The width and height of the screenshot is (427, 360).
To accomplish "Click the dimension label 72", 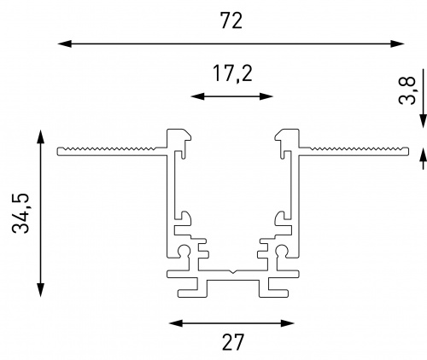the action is pos(231,20).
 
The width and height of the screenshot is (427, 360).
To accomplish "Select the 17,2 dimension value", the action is pos(232,74).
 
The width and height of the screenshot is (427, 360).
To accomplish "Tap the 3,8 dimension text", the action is pos(407,90).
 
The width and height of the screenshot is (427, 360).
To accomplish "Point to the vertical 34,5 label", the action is pos(21,213).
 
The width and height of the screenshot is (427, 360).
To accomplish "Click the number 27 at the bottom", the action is pos(233,342).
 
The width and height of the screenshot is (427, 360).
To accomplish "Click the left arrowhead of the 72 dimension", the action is pos(64,44).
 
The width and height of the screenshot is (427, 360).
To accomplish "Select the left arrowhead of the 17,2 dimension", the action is pos(197,96).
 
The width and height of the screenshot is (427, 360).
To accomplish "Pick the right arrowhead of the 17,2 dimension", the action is pos(266,96).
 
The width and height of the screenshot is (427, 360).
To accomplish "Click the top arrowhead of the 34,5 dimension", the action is pos(41,136).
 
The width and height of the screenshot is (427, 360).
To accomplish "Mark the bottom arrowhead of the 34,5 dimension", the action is pos(41,290).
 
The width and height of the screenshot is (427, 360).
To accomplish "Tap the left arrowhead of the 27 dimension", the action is pos(176,323).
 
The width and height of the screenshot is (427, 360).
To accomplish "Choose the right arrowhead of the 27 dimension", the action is pos(288,323).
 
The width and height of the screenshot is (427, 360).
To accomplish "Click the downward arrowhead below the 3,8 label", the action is pos(424,121).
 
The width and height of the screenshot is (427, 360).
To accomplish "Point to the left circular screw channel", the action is pos(184,251).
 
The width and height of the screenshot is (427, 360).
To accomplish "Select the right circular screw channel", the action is pos(282,251).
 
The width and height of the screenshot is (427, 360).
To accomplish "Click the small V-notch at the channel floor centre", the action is pos(233,271).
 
